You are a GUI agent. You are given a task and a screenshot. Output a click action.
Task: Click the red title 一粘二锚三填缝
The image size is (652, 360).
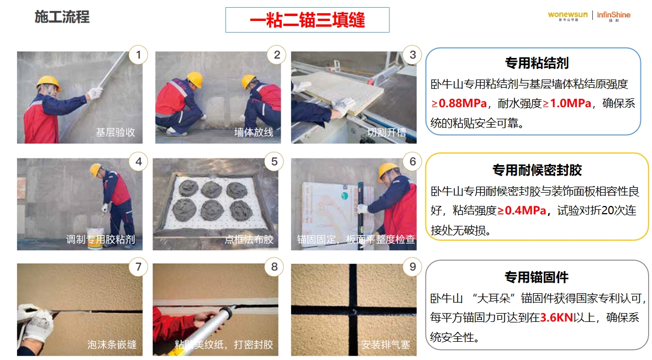307,20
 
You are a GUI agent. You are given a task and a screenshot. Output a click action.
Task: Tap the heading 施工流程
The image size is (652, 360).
62,17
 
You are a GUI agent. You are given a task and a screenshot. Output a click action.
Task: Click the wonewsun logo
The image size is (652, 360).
567,16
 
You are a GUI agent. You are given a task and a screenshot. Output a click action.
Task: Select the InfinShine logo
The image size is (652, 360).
614,16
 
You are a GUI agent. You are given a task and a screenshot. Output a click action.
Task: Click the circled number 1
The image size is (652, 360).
139,55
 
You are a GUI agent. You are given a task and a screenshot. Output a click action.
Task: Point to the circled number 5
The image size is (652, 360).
274,161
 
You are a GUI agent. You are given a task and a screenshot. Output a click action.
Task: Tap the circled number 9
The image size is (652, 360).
413,267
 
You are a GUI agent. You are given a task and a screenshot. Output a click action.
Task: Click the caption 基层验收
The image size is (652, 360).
115,132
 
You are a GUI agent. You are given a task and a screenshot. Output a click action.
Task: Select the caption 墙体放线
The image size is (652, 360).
254,132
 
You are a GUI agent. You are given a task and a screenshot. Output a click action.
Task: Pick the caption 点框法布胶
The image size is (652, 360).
249,239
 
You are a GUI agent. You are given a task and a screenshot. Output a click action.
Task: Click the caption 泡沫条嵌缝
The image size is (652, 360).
112,344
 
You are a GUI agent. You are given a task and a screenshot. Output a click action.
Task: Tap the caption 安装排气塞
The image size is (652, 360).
386,344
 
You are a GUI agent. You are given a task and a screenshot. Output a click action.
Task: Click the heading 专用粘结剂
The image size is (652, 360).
537,63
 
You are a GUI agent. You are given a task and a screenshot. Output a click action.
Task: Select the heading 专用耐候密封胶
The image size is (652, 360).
537,170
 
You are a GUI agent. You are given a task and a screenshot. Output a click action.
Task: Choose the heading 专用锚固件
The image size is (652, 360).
537,277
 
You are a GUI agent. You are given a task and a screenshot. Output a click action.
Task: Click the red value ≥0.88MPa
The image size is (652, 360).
459,103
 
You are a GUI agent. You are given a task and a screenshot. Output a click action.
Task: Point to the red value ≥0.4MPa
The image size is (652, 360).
522,210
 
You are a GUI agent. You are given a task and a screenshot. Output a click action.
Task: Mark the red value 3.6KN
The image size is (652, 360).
556,317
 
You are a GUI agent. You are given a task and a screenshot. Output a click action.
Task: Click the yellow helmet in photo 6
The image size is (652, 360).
388,171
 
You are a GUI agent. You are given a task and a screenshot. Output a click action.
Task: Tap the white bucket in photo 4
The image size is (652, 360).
95,238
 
